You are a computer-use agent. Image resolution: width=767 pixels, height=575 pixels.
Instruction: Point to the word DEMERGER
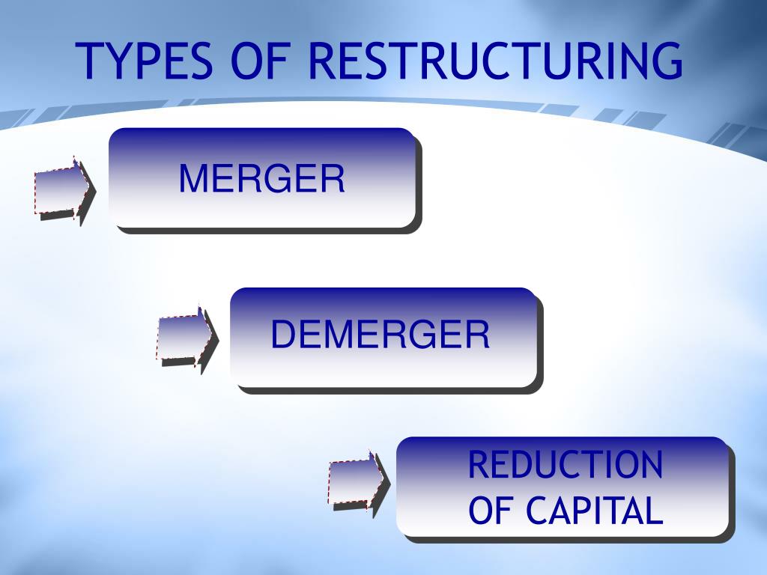click(x=380, y=335)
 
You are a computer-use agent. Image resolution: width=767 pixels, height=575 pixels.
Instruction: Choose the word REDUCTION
click(x=566, y=465)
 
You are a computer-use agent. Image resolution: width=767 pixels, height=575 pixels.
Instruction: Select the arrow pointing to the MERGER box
click(x=63, y=188)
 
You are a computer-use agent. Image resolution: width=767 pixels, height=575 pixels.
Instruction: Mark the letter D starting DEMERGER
click(x=282, y=335)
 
